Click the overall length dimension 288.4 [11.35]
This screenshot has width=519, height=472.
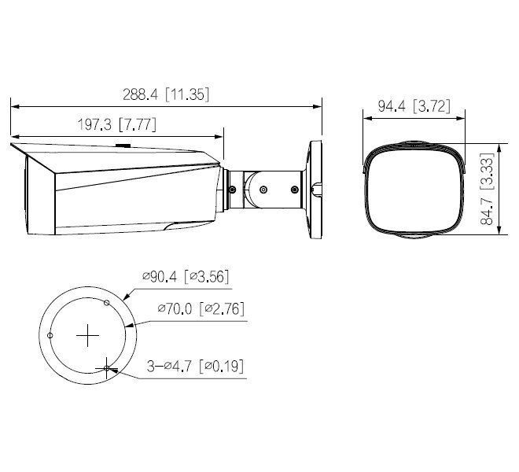165,94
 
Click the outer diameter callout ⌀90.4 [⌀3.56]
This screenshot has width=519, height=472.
186,276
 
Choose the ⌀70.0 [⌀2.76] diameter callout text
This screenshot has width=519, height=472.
201,309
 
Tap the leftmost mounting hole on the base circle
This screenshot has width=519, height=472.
50,335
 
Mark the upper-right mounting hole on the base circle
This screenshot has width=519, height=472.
106,302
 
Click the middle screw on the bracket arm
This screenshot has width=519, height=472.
263,189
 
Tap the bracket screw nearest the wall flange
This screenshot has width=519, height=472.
294,189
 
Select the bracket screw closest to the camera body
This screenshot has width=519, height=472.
233,187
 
